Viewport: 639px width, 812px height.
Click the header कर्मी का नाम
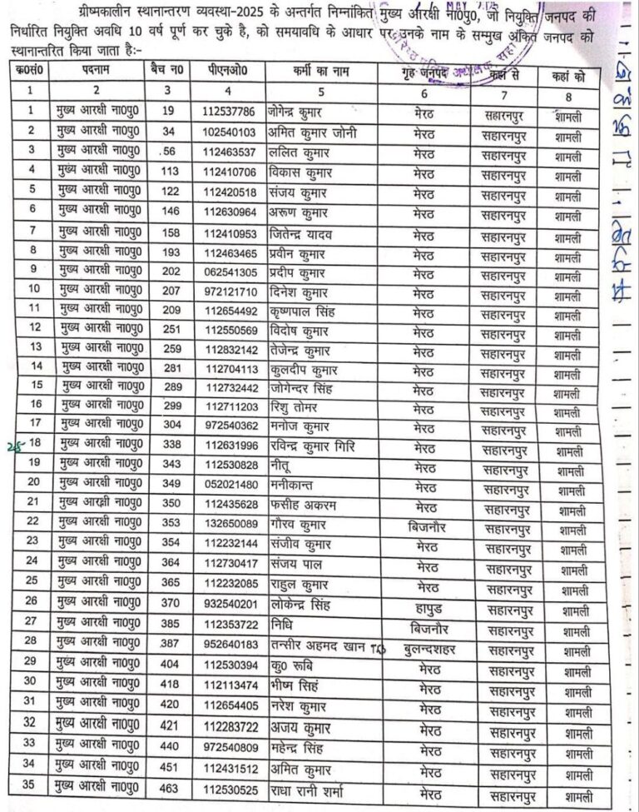point(320,72)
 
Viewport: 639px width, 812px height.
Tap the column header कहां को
point(567,74)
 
